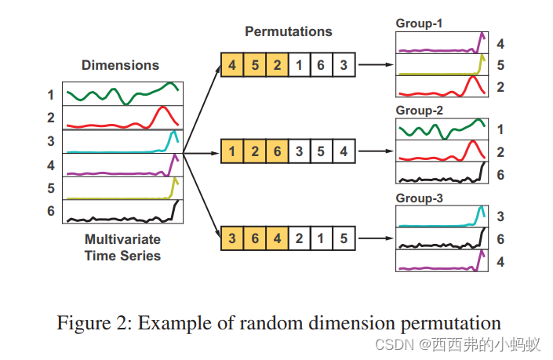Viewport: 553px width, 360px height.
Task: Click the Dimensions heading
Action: (x=120, y=65)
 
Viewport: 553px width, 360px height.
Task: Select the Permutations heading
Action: (x=288, y=32)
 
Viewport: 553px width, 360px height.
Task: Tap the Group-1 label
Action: (x=419, y=24)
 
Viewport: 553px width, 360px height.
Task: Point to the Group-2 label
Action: (x=419, y=111)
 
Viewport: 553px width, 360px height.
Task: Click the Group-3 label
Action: (x=419, y=199)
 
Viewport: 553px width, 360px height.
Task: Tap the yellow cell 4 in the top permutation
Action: (x=231, y=65)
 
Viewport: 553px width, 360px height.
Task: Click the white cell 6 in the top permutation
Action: (x=321, y=65)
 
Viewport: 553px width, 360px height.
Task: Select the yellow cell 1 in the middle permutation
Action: (x=231, y=151)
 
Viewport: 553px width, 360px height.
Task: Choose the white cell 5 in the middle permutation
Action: (x=321, y=151)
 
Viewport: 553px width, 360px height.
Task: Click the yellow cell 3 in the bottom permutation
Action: (x=231, y=236)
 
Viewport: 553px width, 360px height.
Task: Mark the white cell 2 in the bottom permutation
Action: (x=299, y=236)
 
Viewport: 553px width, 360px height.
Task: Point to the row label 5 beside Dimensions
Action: (x=51, y=188)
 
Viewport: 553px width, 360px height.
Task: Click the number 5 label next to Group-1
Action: (x=500, y=65)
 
